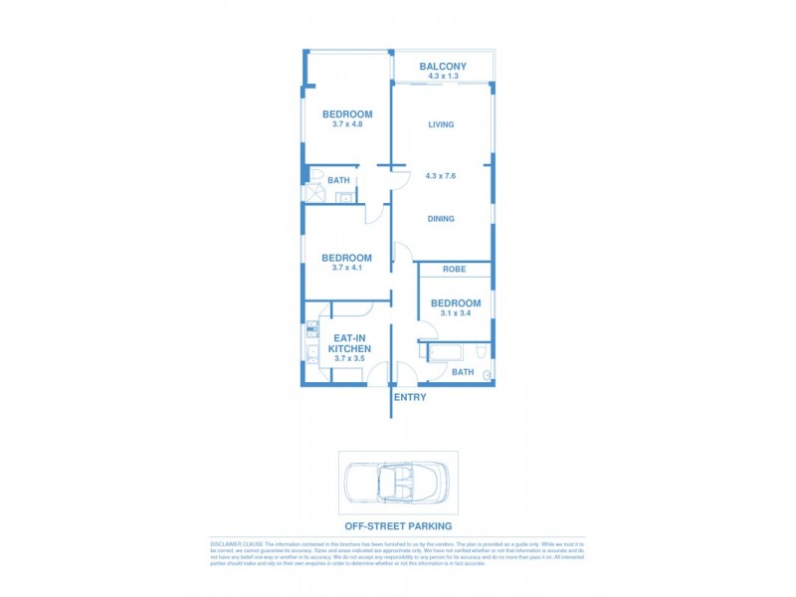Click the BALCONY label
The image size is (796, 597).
[x=442, y=67]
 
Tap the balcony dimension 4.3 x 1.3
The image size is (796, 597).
[x=442, y=77]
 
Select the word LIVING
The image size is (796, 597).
[x=441, y=125]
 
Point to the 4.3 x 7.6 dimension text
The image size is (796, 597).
[x=441, y=176]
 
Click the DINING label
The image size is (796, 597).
[x=441, y=219]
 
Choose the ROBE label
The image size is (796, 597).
[x=455, y=270]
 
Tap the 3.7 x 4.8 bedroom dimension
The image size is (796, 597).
[x=347, y=124]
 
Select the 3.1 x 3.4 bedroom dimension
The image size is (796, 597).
[x=456, y=313]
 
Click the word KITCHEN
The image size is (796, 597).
[x=350, y=349]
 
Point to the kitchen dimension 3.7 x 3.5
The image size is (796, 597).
[x=350, y=359]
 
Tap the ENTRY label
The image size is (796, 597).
[x=410, y=398]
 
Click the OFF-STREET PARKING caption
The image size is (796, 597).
[x=398, y=525]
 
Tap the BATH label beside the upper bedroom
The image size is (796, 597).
[x=339, y=181]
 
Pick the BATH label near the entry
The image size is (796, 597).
[x=463, y=372]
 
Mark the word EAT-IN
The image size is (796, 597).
[x=350, y=338]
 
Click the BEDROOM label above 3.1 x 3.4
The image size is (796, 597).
[x=456, y=303]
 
